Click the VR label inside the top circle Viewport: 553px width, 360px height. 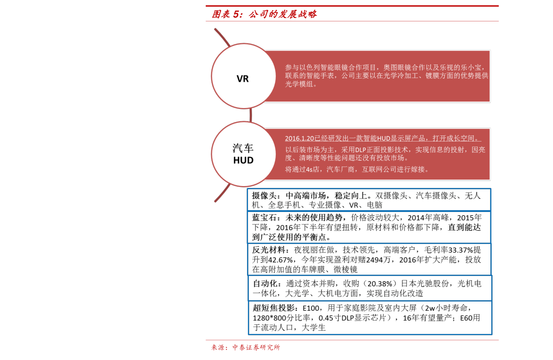click(x=243, y=78)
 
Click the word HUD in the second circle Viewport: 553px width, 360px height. click(x=243, y=160)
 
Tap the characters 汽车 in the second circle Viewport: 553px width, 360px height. click(x=243, y=148)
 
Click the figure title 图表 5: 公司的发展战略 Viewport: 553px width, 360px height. click(x=264, y=14)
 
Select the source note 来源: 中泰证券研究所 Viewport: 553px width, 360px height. click(x=246, y=347)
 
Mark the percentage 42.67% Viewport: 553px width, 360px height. click(x=281, y=260)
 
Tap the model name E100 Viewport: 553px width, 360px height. click(x=311, y=308)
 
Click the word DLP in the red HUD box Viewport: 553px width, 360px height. click(x=360, y=150)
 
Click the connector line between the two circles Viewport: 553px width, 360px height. click(x=251, y=115)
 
